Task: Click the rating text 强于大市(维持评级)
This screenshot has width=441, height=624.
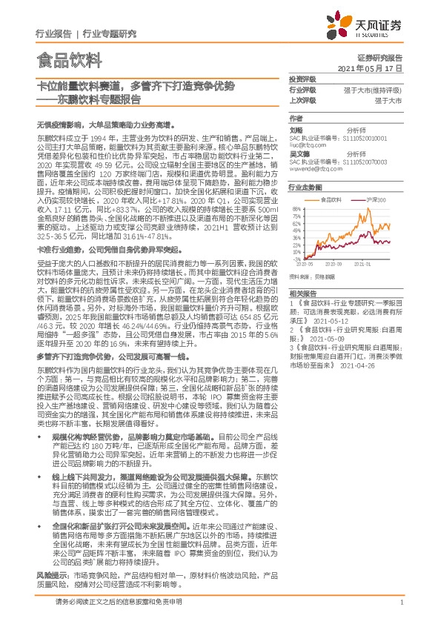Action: [x=378, y=90]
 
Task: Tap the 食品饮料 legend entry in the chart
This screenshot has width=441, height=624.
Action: [x=330, y=199]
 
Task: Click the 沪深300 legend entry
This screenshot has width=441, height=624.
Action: [x=372, y=199]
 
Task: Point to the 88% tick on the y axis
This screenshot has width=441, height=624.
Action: [x=297, y=209]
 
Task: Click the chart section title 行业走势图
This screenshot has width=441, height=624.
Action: [x=304, y=187]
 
